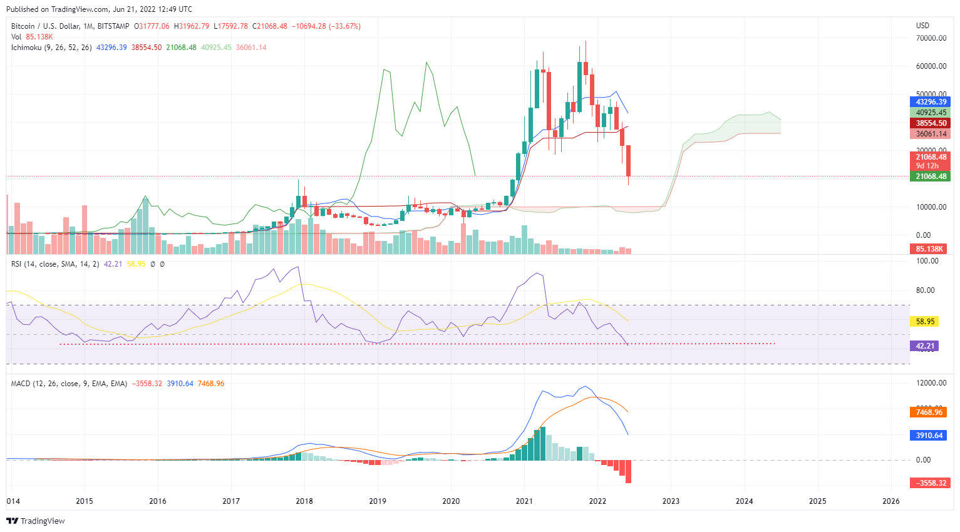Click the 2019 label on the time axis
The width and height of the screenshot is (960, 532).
pyautogui.click(x=378, y=501)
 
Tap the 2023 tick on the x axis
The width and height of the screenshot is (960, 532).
pyautogui.click(x=671, y=501)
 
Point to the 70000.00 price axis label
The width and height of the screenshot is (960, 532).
pyautogui.click(x=931, y=38)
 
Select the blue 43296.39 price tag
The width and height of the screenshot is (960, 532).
pyautogui.click(x=931, y=102)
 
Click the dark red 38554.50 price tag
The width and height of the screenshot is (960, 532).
pyautogui.click(x=931, y=123)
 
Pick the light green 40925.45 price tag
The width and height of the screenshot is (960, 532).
pyautogui.click(x=931, y=113)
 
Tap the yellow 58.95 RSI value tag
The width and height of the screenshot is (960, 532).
pyautogui.click(x=925, y=321)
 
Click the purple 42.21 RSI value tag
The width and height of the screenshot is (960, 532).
pyautogui.click(x=925, y=345)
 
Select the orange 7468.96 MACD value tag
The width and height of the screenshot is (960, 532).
pyautogui.click(x=929, y=412)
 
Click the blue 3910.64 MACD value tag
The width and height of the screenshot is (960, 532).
pyautogui.click(x=929, y=436)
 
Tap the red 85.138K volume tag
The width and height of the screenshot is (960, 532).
pyautogui.click(x=929, y=249)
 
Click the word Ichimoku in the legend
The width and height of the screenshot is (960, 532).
pyautogui.click(x=26, y=48)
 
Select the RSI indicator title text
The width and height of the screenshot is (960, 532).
pyautogui.click(x=17, y=264)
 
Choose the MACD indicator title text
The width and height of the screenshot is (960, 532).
pyautogui.click(x=21, y=384)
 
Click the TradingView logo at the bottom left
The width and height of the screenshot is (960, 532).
pyautogui.click(x=36, y=521)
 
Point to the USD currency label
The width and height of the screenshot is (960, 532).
pyautogui.click(x=922, y=26)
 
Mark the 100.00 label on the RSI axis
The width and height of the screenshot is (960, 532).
pyautogui.click(x=927, y=261)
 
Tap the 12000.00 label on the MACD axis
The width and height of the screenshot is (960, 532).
pyautogui.click(x=931, y=383)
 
